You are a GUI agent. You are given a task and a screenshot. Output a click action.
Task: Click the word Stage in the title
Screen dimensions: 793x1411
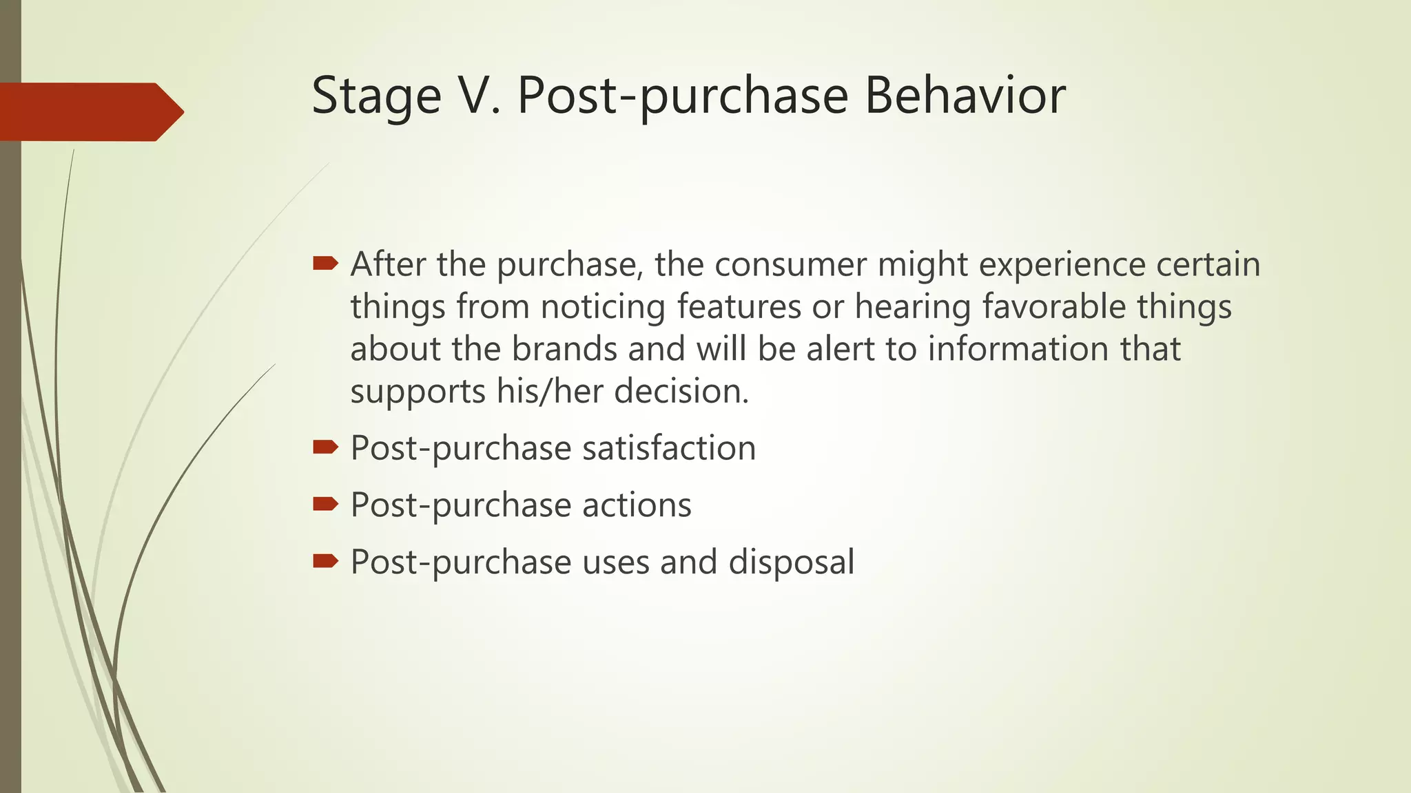coord(376,96)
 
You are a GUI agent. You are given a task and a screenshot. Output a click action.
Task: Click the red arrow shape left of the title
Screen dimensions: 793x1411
coord(90,112)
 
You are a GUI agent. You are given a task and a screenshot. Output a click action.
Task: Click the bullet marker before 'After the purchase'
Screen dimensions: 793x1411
coord(325,263)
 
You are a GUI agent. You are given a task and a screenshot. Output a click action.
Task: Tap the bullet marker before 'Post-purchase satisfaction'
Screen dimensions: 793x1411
coord(325,447)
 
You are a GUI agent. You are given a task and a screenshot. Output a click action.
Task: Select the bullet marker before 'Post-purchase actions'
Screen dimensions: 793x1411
coord(325,505)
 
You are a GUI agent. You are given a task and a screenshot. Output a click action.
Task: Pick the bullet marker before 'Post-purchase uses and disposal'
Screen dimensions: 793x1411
coord(325,561)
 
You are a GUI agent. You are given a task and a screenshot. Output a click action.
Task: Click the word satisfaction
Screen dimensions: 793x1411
coord(669,448)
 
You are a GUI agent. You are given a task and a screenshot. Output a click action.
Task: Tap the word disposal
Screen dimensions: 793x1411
coord(791,562)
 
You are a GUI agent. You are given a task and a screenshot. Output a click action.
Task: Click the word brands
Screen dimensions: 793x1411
coord(564,349)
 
